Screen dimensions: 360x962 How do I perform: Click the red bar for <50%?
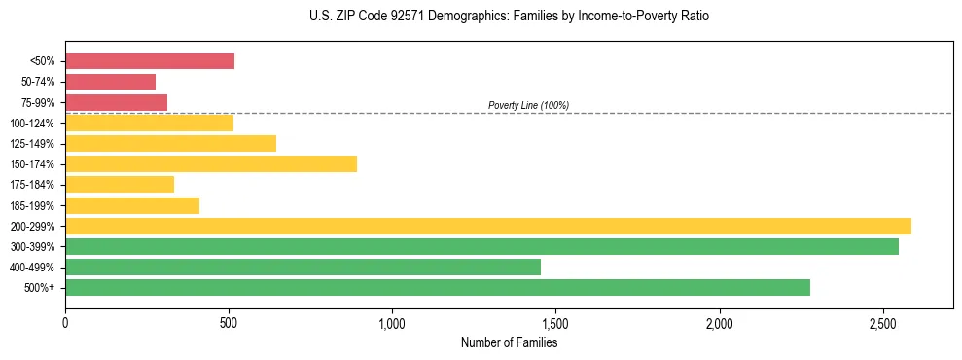(150, 61)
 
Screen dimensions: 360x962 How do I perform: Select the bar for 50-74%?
(111, 82)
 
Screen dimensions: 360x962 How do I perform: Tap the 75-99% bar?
(117, 102)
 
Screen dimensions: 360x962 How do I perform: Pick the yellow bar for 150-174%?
(211, 164)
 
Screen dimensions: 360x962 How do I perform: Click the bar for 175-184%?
(120, 185)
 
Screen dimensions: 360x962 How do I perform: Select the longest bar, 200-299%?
(488, 227)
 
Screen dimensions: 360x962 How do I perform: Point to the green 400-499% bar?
(303, 268)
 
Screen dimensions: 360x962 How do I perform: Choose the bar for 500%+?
(438, 288)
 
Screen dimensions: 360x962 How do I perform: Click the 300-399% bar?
(481, 247)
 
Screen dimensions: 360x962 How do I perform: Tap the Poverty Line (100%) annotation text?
(528, 105)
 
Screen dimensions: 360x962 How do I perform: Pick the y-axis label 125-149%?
(32, 144)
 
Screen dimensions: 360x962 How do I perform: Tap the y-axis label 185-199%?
(32, 206)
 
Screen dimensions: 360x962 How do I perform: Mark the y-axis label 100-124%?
(32, 124)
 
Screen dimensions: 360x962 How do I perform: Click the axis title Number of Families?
(509, 342)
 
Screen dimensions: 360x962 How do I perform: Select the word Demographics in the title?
(463, 17)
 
